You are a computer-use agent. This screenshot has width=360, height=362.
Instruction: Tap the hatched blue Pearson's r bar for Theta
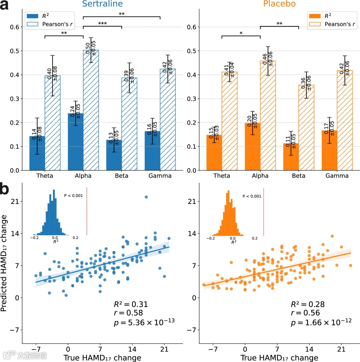tap(53, 123)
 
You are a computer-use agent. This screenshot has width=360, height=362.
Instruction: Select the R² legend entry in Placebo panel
tap(322, 16)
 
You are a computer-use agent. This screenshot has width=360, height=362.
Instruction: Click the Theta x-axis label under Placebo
tap(222, 176)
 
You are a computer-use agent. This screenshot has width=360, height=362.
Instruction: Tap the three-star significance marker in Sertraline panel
tap(102, 24)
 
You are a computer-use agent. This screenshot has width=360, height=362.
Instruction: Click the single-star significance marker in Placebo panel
tap(241, 33)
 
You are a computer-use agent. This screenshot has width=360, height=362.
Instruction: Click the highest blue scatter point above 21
tap(146, 197)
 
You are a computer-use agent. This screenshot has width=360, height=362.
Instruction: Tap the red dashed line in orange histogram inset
tap(264, 212)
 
